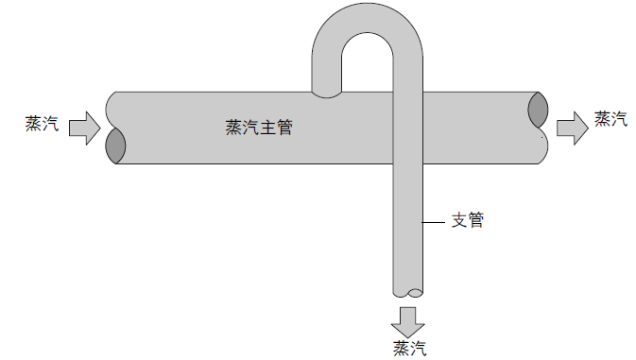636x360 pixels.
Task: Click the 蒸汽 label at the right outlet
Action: [610, 119]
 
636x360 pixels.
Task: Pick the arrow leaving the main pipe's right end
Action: [572, 127]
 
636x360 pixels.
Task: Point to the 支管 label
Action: [467, 220]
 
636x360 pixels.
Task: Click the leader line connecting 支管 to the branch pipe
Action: [437, 221]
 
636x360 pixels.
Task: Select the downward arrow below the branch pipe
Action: [409, 318]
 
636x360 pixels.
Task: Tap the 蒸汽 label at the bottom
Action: [408, 347]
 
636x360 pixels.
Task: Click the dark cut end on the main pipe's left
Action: [115, 146]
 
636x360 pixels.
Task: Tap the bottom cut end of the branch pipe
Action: [409, 292]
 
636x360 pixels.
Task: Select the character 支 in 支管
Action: [458, 220]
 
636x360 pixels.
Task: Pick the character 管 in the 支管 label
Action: [475, 220]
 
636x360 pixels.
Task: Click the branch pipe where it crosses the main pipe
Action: [409, 128]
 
